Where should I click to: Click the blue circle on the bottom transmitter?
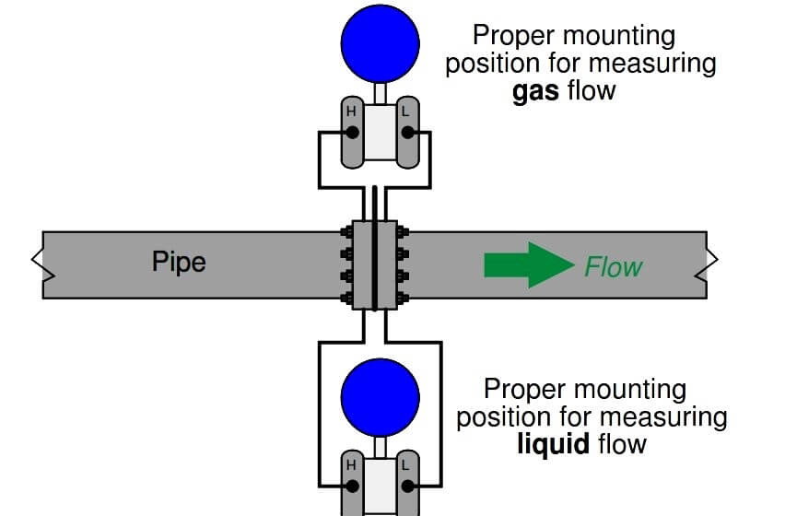380,398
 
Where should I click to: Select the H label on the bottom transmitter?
350,465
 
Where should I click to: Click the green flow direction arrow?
528,265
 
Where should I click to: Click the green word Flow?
613,267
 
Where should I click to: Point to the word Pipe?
179,262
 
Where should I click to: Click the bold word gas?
534,91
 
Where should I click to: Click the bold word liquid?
553,444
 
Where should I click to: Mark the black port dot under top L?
407,134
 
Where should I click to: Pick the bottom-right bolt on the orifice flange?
402,298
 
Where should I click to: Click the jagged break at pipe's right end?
710,264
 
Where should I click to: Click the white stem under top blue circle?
379,92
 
